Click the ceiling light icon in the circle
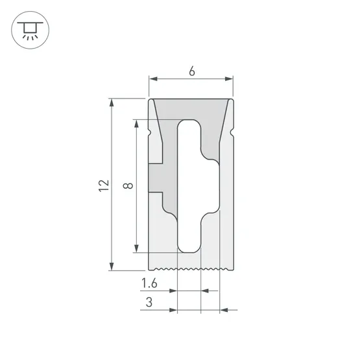point(29,29)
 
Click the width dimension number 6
point(192,72)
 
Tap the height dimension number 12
point(104,185)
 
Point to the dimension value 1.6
point(149,283)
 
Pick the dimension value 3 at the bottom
point(149,302)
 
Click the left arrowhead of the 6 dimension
point(153,79)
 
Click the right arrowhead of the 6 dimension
point(229,79)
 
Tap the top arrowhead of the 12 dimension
point(112,102)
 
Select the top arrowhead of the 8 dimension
point(137,123)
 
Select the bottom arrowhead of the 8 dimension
point(137,248)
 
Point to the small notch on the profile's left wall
point(152,133)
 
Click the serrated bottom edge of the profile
point(191,268)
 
